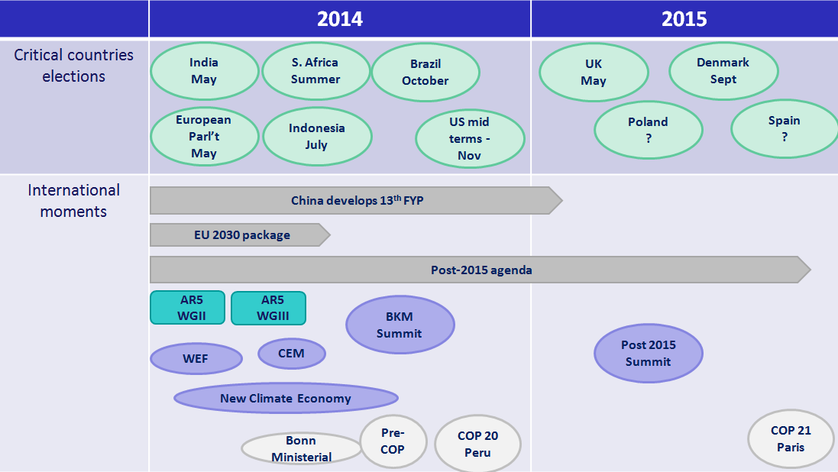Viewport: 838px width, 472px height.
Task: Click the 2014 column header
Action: (340, 18)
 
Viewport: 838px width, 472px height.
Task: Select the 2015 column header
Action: (684, 18)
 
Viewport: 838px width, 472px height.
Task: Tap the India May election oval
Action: (204, 71)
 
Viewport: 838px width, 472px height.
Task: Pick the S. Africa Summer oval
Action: (315, 71)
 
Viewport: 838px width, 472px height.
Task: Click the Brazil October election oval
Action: (425, 72)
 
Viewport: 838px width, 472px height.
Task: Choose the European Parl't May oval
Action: (204, 136)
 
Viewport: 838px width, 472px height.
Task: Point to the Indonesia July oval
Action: (317, 136)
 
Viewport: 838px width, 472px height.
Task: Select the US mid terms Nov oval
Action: (470, 138)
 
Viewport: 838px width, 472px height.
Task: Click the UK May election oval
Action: (594, 72)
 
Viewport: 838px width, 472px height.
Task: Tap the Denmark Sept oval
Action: (723, 71)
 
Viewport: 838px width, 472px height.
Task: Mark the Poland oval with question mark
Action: (649, 130)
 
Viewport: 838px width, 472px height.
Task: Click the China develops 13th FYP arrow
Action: (356, 200)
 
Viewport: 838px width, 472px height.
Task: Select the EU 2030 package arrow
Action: (240, 234)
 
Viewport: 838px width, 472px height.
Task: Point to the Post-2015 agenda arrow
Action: (480, 270)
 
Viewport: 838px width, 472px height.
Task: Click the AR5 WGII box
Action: (188, 307)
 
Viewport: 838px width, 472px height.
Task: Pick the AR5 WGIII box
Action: (268, 308)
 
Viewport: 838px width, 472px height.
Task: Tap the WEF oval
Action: (196, 359)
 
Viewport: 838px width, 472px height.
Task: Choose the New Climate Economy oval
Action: (286, 398)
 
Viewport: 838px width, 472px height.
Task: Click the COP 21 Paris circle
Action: (791, 439)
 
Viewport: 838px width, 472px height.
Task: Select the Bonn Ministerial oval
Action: (302, 448)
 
